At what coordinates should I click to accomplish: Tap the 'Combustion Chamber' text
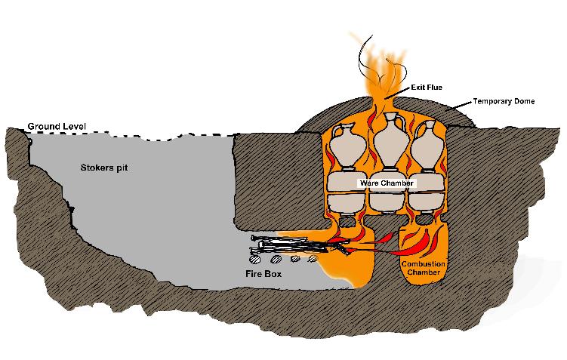[x=424, y=268]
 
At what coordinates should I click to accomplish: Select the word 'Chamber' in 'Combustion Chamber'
[x=424, y=272]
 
